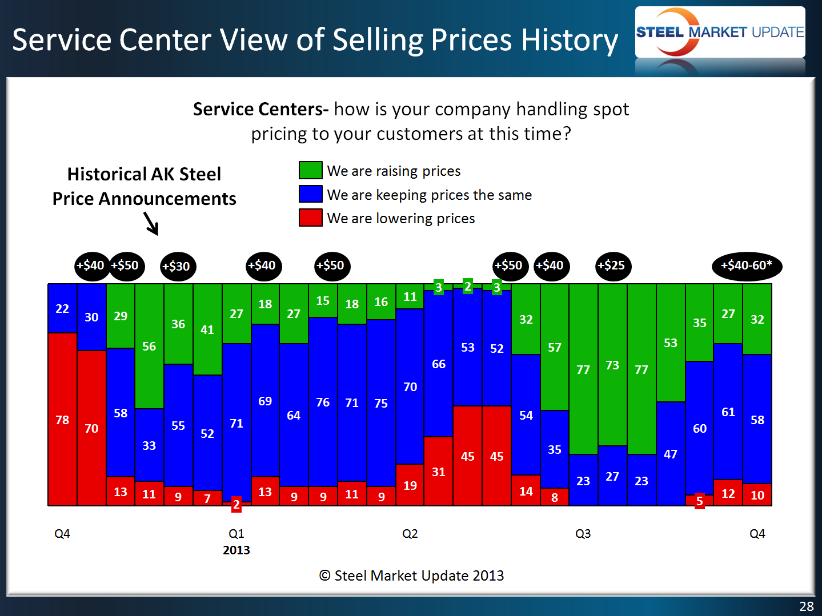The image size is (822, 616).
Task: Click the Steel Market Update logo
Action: (720, 32)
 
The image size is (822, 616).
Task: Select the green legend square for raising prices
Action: (310, 170)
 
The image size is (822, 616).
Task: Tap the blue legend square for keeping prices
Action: (310, 194)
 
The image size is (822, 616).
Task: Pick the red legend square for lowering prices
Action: (310, 218)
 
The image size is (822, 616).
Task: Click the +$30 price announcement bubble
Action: (177, 266)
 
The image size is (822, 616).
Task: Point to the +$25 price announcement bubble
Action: (612, 265)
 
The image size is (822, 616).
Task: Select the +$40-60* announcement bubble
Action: (746, 265)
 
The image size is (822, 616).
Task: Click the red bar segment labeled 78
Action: (62, 420)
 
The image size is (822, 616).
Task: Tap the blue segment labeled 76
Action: (323, 402)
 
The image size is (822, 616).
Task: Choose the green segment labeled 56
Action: (149, 346)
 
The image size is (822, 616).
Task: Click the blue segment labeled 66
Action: (439, 364)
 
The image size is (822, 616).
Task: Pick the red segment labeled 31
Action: (439, 472)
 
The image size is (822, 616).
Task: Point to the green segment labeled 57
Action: (555, 347)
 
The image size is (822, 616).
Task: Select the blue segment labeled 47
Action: (671, 454)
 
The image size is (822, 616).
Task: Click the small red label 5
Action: (699, 501)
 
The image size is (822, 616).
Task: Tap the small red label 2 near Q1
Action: (236, 504)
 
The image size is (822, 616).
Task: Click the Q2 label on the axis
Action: (410, 533)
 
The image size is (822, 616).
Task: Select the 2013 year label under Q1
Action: (236, 550)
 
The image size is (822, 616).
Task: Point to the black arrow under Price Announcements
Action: (151, 224)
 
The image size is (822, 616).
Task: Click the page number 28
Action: (806, 606)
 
